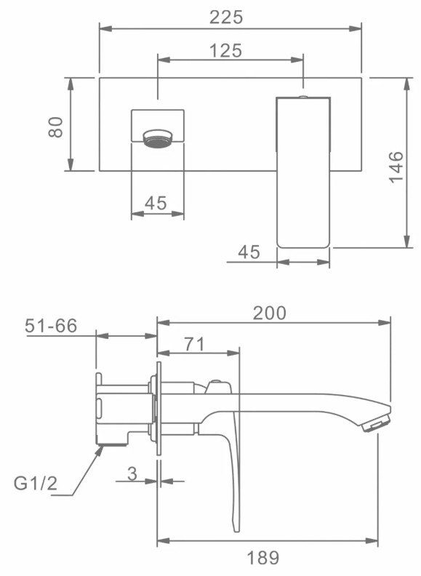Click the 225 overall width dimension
coord(226,17)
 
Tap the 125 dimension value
coord(225,50)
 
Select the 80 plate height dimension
coord(56,127)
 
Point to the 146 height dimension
coord(396,167)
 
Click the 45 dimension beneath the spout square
coord(156,203)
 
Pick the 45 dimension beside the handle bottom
coord(249,252)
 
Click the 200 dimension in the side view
coord(269,313)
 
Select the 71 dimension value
coord(194,344)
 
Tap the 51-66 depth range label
coord(51,326)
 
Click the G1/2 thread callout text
coord(36,483)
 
